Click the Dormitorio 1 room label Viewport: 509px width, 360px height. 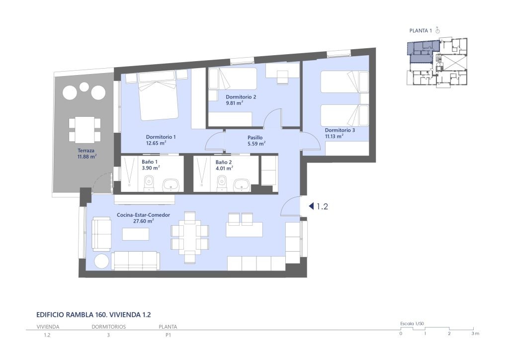tap(161, 137)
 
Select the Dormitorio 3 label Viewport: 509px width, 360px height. tap(340, 130)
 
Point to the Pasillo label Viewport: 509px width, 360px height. tap(255, 138)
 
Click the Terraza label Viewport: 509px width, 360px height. tap(86, 151)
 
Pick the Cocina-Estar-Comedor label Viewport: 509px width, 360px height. tap(144, 215)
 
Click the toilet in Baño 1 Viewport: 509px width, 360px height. tap(149, 183)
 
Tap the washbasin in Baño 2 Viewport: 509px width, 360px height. tap(242, 184)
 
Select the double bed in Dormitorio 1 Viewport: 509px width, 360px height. tap(158, 96)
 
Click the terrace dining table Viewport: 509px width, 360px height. tap(85, 129)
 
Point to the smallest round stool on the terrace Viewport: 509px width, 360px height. tap(84, 87)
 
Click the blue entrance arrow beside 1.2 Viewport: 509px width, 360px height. tap(311, 206)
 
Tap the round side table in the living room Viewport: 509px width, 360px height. tap(101, 262)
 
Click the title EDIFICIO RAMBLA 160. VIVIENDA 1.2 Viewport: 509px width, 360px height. tap(93, 315)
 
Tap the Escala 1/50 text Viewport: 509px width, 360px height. tap(412, 324)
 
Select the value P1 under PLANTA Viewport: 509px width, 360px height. tap(168, 335)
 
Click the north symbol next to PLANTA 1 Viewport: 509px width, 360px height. tap(437, 30)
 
